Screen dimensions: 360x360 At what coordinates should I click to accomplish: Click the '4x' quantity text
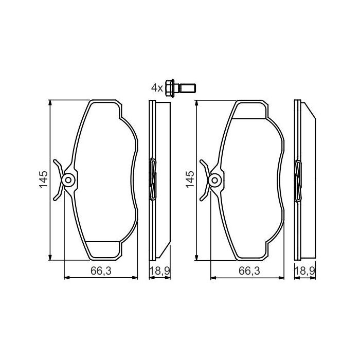(x=157, y=88)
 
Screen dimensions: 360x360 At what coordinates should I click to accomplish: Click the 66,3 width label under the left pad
(x=101, y=271)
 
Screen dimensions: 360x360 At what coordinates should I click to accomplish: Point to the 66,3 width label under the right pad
(x=248, y=271)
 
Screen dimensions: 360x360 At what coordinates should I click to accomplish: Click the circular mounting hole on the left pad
(x=68, y=180)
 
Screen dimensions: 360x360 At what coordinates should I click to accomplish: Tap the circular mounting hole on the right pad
(x=215, y=180)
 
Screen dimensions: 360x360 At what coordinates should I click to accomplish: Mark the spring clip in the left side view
(x=152, y=179)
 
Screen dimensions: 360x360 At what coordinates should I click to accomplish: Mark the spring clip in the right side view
(x=299, y=179)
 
